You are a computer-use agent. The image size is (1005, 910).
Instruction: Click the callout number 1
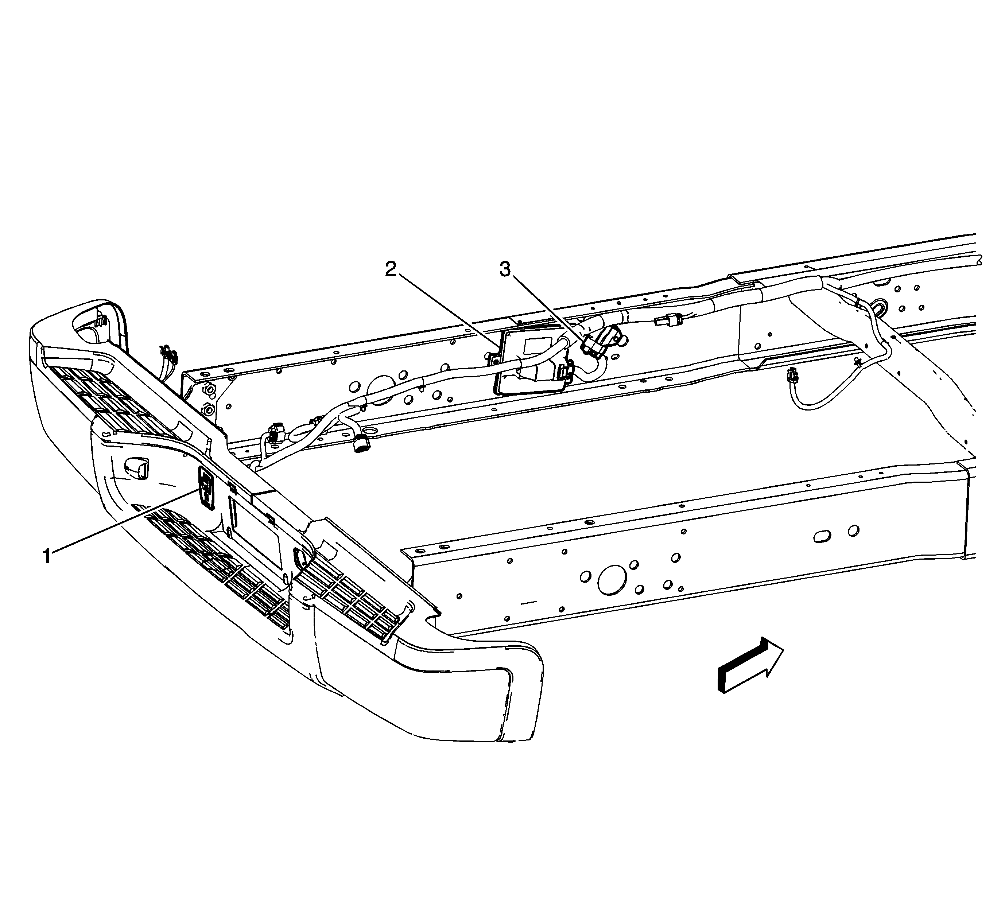(x=47, y=556)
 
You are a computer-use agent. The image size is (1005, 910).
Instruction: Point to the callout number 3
(x=505, y=270)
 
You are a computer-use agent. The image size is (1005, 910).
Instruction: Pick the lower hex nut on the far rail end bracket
(x=209, y=410)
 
